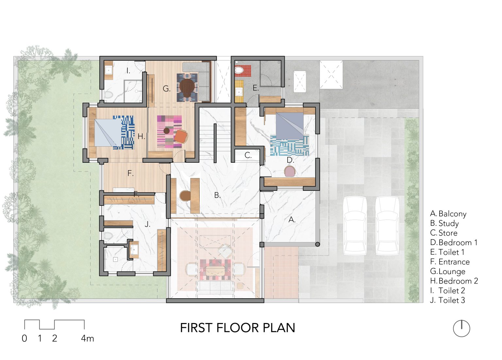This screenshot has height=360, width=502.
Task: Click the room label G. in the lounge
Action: pos(166,89)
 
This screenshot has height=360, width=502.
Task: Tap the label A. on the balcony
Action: pos(292,220)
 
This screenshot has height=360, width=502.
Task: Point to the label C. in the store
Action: pos(248,155)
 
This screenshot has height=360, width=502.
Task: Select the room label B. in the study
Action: pos(217,195)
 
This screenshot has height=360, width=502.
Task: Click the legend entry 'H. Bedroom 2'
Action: pos(454,281)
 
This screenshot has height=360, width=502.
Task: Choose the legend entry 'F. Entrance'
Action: pos(450,262)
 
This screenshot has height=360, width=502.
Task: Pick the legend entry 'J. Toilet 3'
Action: pos(447,300)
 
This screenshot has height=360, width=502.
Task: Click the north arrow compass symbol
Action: pos(461,329)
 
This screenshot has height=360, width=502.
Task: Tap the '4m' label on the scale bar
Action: pos(87,338)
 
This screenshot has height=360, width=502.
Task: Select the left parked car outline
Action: pos(355,226)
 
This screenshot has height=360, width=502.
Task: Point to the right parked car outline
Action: pos(387,226)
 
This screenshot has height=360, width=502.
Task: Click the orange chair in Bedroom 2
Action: pos(181,137)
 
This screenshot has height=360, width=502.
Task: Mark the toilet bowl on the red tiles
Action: pos(239,70)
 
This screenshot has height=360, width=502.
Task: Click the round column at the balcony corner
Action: pos(317,244)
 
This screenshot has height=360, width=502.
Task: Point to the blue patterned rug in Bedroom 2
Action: pos(124,132)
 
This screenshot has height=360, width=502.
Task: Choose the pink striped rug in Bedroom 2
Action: pos(169,132)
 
